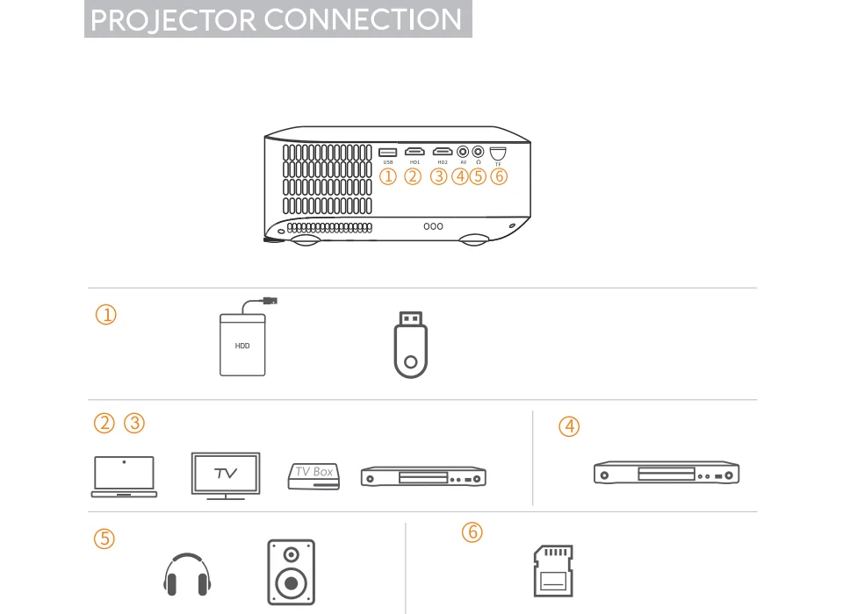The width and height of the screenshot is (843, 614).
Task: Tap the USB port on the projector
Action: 388,153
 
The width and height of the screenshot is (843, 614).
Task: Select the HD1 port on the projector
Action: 415,153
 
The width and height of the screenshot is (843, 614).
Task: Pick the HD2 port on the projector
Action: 442,153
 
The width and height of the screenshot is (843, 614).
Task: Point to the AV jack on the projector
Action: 463,152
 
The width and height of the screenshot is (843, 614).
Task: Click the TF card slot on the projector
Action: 498,153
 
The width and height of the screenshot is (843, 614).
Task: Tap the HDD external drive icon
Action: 242,345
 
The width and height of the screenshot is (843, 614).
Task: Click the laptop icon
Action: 124,477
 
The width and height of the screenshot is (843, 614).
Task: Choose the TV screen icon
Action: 226,475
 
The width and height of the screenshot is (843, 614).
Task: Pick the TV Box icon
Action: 313,475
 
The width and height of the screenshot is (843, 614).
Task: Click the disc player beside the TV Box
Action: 423,477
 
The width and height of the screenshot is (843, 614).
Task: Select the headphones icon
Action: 188,575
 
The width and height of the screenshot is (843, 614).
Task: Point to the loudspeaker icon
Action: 291,573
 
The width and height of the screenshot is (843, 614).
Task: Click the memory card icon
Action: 553,571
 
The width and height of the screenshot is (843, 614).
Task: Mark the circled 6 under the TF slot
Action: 499,176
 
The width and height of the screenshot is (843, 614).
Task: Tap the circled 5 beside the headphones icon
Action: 104,539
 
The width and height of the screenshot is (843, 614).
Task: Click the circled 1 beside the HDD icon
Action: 105,315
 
